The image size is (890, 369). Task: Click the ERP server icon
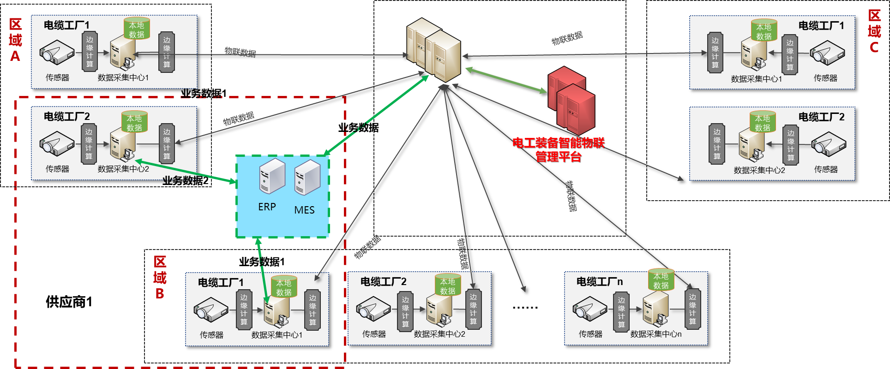[x=272, y=176]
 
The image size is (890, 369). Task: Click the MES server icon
[x=307, y=178]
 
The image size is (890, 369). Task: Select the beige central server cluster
[x=433, y=50]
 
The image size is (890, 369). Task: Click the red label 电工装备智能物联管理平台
[x=558, y=149]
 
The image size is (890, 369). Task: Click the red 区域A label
[x=15, y=40]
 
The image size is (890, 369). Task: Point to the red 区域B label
[x=160, y=277]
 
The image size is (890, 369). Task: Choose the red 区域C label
[x=874, y=31]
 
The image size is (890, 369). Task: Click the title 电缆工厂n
[x=599, y=281]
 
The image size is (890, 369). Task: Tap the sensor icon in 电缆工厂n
[x=589, y=309]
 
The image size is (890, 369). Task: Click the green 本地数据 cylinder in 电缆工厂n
[x=661, y=280]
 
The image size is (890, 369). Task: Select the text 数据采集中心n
[x=655, y=334]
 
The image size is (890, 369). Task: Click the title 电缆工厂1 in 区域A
[x=66, y=25]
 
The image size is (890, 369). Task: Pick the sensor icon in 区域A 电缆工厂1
[x=57, y=52]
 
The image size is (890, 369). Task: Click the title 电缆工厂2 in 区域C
[x=821, y=117]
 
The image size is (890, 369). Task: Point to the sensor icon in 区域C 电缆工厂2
[x=829, y=144]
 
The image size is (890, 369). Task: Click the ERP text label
[x=267, y=207]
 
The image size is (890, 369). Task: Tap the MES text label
[x=304, y=210]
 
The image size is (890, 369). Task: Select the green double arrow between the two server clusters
[x=505, y=81]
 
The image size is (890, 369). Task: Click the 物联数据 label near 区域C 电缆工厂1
[x=567, y=38]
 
